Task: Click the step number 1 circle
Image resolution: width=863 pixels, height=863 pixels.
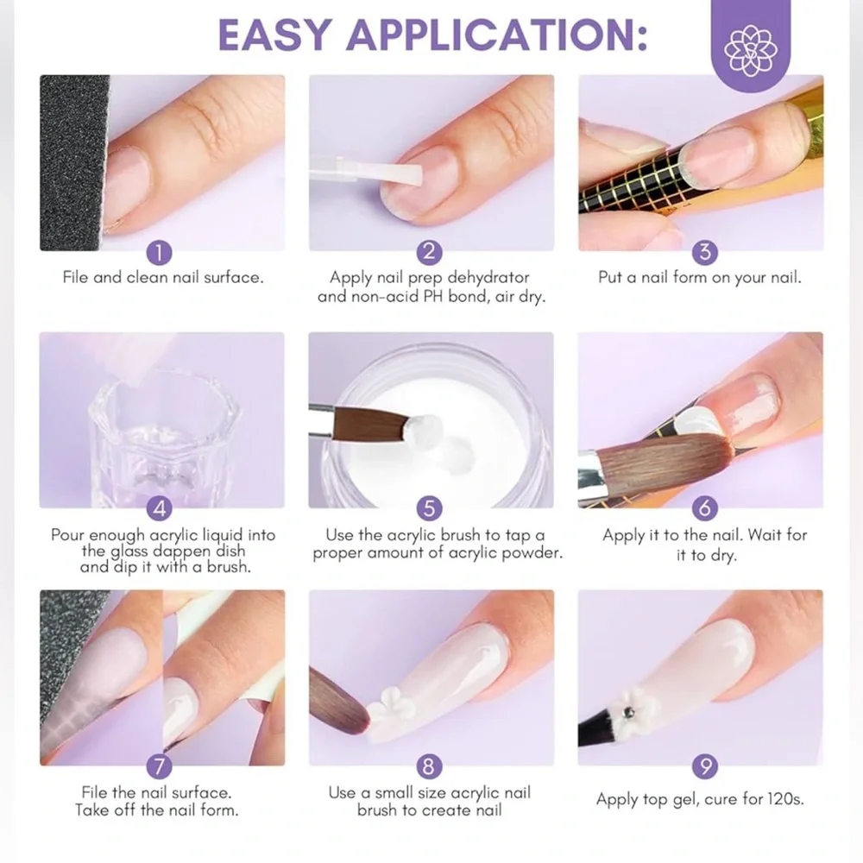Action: point(159,253)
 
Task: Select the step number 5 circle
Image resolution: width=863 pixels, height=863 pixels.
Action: point(429,508)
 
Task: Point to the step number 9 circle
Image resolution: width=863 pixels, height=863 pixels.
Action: point(705,766)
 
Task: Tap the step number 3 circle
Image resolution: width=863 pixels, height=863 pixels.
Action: point(705,252)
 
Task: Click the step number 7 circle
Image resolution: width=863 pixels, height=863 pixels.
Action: point(159,766)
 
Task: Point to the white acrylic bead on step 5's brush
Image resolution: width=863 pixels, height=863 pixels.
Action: point(423,428)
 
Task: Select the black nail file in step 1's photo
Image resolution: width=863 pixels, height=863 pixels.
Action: point(72,162)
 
